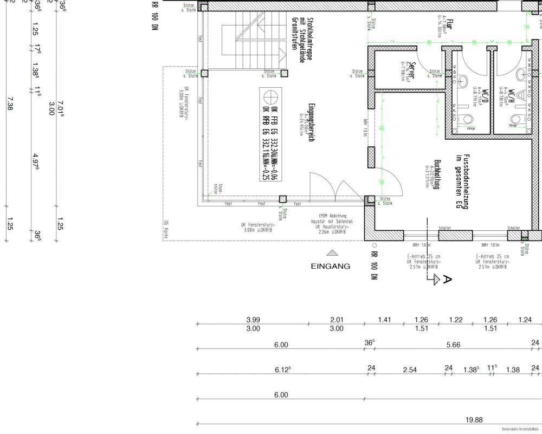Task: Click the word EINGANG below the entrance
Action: click(331, 266)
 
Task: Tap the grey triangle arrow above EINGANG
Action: click(331, 252)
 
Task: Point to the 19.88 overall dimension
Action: click(474, 419)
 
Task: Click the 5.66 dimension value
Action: click(453, 345)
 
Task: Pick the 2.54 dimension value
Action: click(410, 370)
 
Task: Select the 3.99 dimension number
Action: click(253, 320)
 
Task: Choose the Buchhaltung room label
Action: click(436, 174)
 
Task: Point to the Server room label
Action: click(412, 70)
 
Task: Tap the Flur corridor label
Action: click(450, 25)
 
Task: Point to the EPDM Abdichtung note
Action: click(329, 216)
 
